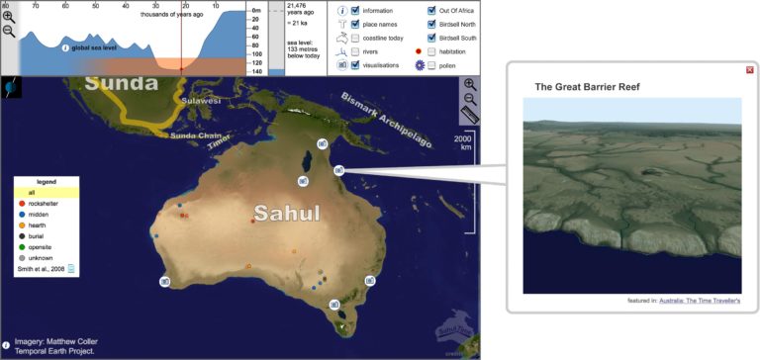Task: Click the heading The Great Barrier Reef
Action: [587, 87]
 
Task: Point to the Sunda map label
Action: [122, 83]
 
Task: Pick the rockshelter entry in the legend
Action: [43, 203]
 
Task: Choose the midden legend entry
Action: [39, 214]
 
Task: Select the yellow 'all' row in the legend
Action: [46, 192]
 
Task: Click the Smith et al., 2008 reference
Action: [41, 267]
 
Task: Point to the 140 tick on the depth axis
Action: [257, 71]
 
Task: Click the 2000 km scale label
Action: [463, 144]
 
